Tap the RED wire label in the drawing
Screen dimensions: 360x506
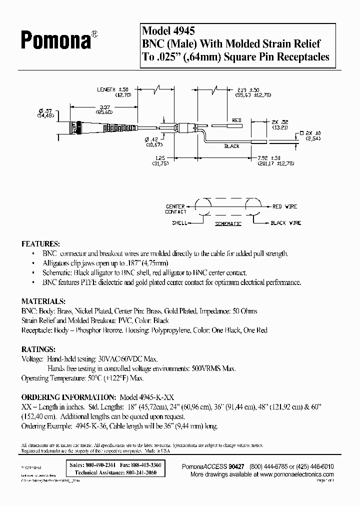click(236, 120)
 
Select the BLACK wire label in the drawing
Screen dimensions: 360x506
click(232, 146)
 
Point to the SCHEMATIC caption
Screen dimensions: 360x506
click(228, 223)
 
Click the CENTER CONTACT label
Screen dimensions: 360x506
click(175, 208)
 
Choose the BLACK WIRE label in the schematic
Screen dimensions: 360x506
click(286, 223)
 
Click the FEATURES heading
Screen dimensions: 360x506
click(40, 244)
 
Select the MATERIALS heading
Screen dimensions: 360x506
click(42, 302)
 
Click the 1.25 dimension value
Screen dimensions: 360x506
click(160, 158)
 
